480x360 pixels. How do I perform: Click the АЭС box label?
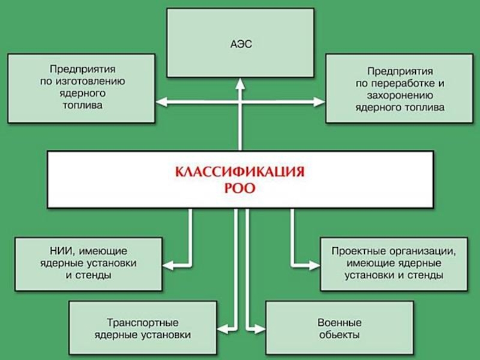[240, 43]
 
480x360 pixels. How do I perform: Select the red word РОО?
[240, 188]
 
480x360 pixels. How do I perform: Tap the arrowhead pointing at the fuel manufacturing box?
[160, 103]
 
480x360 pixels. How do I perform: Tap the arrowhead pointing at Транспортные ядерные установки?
[222, 328]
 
